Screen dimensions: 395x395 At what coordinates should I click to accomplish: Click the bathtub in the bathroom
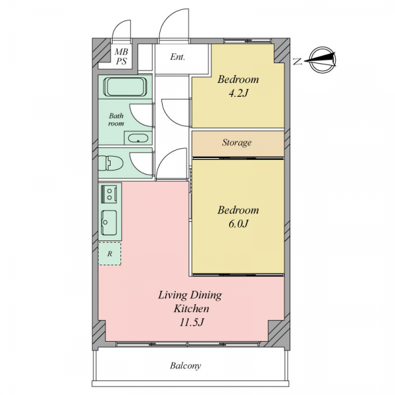[125, 87]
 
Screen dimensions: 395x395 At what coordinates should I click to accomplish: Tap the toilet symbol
[111, 163]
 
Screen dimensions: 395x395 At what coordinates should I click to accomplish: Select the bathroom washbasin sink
[138, 138]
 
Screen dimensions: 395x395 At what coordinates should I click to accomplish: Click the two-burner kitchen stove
[109, 194]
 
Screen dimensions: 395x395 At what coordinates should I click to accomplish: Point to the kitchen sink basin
[109, 223]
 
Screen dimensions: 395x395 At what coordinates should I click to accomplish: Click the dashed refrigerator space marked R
[109, 253]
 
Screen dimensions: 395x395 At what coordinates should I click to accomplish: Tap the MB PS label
[121, 57]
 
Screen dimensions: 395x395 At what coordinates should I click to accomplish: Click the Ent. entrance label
[178, 57]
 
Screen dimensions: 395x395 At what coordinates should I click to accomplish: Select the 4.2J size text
[238, 93]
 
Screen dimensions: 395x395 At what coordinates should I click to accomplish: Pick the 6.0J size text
[238, 224]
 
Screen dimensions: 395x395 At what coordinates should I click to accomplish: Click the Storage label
[236, 143]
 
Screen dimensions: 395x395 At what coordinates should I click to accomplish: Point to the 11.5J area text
[191, 322]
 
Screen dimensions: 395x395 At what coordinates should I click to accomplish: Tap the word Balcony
[186, 365]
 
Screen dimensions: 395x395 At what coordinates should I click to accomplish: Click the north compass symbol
[322, 60]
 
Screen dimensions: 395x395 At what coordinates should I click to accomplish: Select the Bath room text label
[116, 119]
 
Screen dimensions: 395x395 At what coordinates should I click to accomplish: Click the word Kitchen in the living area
[192, 309]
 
